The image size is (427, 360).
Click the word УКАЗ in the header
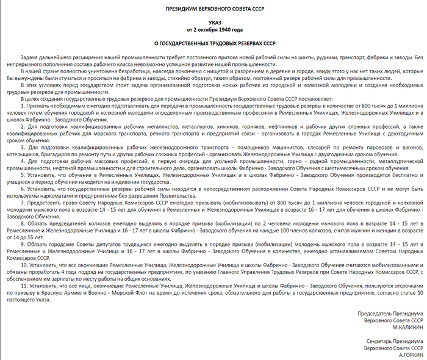tap(213, 21)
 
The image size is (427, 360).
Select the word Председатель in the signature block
tap(376, 313)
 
